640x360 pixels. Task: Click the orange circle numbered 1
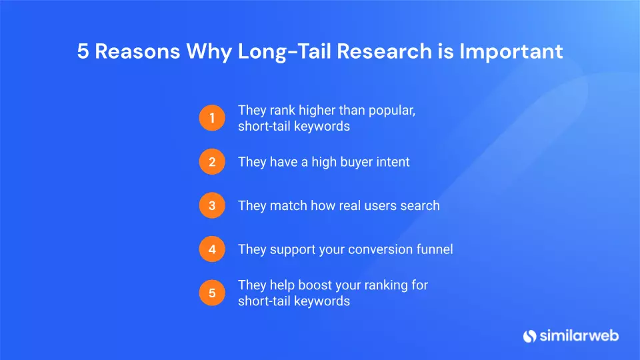click(x=212, y=118)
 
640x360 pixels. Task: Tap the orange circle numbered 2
click(x=212, y=161)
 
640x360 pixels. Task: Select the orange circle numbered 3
click(x=212, y=205)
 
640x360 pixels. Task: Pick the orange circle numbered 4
click(x=212, y=249)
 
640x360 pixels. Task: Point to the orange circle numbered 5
click(x=212, y=293)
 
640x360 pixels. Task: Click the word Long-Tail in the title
click(x=284, y=52)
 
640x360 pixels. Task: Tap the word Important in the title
click(x=511, y=52)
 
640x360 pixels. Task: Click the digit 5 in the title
click(x=83, y=51)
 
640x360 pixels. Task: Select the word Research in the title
click(x=385, y=51)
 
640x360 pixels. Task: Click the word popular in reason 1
click(x=392, y=111)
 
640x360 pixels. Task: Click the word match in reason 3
click(x=288, y=206)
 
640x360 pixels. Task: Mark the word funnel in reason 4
click(x=435, y=249)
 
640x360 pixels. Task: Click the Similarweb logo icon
click(x=529, y=336)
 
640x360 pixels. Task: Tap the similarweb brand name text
click(x=579, y=335)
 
